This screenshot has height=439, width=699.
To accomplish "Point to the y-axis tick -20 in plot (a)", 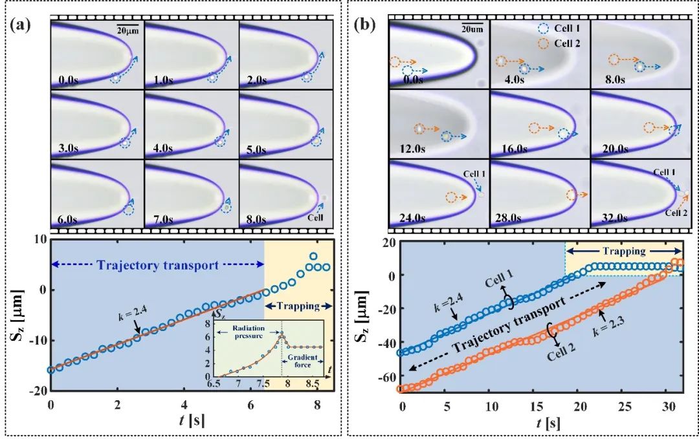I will point(37,390).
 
